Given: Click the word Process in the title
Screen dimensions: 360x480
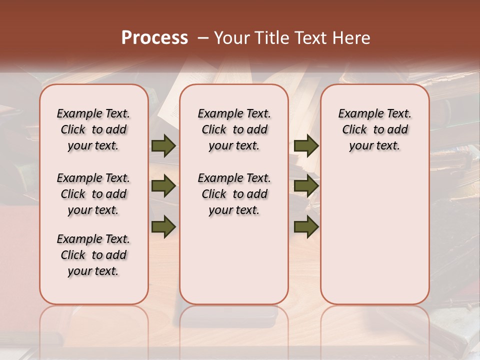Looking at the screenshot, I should click(x=154, y=37).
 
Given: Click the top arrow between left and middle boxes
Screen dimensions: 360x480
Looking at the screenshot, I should click(x=163, y=146).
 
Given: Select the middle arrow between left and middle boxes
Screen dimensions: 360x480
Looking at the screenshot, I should click(x=163, y=186).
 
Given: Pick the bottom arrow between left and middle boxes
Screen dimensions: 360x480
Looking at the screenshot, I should click(x=163, y=226).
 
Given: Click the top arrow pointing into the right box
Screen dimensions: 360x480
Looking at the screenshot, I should click(x=306, y=146).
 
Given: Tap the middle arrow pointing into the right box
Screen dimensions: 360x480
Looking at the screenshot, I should click(x=306, y=186).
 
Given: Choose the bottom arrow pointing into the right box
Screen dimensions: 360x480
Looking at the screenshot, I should click(x=306, y=226).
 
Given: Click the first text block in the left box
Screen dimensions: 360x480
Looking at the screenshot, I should click(x=93, y=129).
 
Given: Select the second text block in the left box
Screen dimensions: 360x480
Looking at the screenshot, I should click(x=93, y=194).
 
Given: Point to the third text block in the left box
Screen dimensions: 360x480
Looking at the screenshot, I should click(x=93, y=255).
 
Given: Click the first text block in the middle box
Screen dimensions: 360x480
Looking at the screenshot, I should click(x=234, y=129).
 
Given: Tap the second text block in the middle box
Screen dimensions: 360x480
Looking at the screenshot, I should click(x=234, y=194).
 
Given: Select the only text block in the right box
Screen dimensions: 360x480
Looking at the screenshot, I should click(x=374, y=129).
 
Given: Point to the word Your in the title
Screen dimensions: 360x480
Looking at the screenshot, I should click(x=232, y=38).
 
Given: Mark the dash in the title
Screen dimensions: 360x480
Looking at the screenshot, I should click(x=203, y=38).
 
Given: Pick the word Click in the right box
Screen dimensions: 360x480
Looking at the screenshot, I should click(x=354, y=130).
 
